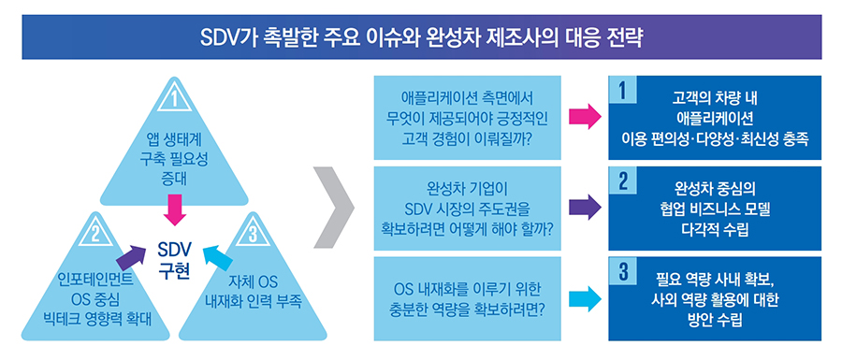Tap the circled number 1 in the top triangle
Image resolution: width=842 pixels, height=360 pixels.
pos(174,97)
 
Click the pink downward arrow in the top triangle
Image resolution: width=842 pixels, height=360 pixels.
pos(174,209)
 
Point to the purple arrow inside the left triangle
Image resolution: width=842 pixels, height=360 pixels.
pos(130,252)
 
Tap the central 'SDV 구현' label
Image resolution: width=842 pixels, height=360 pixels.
pos(173,261)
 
